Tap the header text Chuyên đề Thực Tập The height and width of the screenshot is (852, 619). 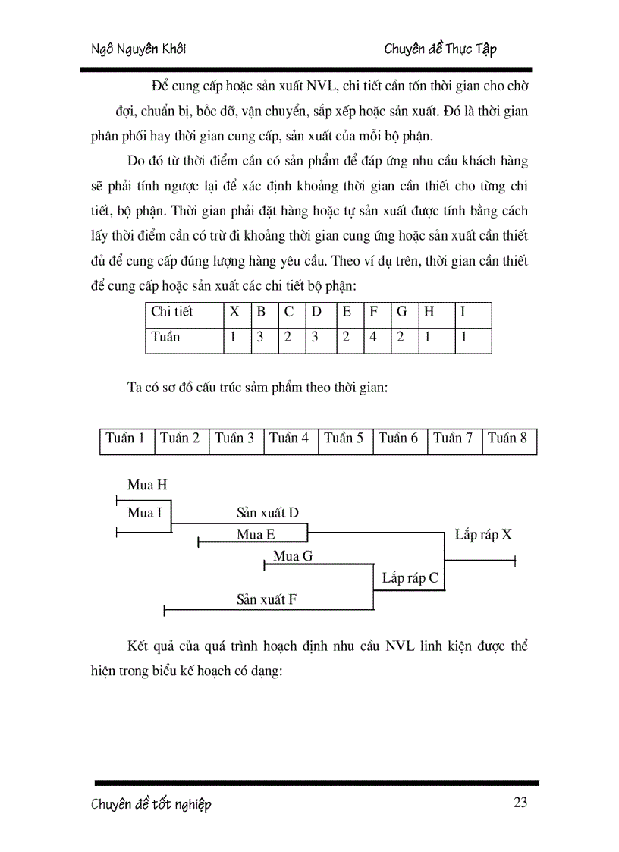(x=440, y=49)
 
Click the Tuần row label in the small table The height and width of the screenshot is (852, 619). (x=166, y=337)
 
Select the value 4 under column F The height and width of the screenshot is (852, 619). (x=373, y=337)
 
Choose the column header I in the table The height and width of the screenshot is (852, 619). (x=463, y=312)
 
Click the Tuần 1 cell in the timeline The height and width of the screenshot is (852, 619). (x=126, y=439)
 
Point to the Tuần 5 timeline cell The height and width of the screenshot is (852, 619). (x=344, y=439)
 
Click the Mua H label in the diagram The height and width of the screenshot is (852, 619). (x=147, y=486)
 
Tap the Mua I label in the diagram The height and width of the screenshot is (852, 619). (x=144, y=513)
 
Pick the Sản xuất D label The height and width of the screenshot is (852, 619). (x=268, y=513)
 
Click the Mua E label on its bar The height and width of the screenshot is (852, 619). (x=256, y=534)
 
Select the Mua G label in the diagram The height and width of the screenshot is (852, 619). (x=293, y=556)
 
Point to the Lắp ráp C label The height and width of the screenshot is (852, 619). (x=410, y=578)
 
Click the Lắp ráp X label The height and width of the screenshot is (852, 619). (x=483, y=534)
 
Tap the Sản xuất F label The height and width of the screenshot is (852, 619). (x=266, y=599)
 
